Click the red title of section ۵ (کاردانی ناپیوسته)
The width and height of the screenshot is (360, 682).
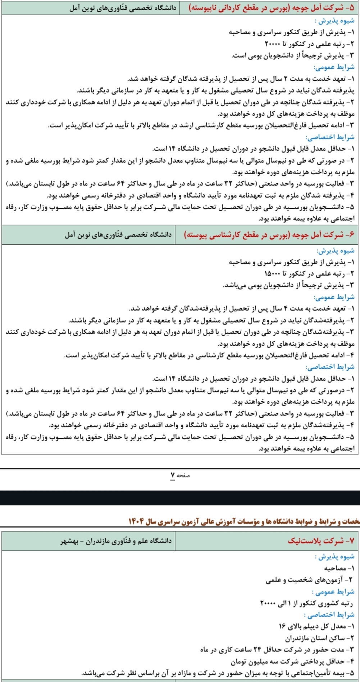[x=271, y=8]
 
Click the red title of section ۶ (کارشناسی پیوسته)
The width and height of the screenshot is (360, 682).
[x=269, y=235]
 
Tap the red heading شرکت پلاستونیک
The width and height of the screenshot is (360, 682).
[x=321, y=541]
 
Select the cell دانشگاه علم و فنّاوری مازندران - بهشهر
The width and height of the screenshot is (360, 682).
[x=116, y=541]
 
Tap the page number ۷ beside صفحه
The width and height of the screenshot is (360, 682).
[x=173, y=475]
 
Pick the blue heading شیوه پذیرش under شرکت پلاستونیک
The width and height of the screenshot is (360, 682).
[x=334, y=556]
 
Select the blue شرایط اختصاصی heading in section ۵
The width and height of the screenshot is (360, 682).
[x=330, y=137]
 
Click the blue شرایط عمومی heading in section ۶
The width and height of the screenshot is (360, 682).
[x=334, y=297]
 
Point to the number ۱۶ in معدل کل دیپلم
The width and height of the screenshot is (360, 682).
[x=282, y=627]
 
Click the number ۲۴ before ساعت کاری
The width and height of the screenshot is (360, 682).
[x=259, y=650]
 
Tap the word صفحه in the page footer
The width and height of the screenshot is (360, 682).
[x=183, y=475]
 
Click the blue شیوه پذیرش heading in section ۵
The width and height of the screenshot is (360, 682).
[x=334, y=21]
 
